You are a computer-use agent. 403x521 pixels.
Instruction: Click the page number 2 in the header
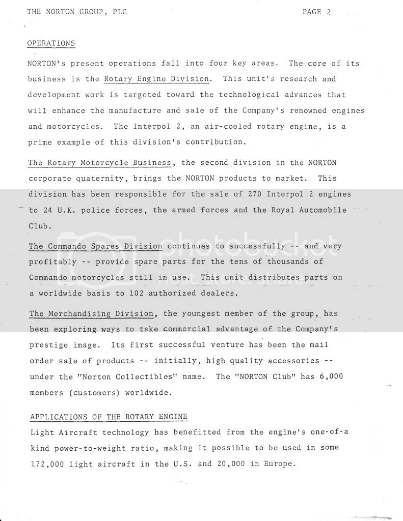point(329,12)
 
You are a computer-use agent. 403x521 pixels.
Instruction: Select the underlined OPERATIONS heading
point(51,43)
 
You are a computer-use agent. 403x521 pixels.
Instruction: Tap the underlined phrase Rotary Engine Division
point(156,79)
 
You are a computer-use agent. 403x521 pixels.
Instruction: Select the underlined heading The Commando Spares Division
point(95,246)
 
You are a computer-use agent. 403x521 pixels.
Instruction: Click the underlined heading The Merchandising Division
point(91,314)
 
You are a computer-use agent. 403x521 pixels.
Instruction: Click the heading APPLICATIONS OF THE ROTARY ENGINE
point(109,417)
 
